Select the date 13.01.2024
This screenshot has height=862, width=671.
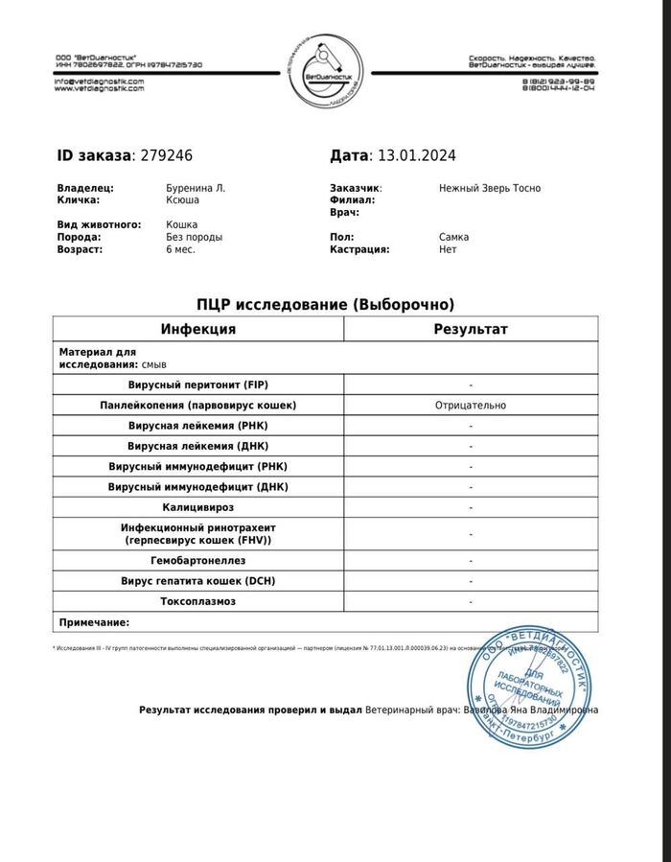416,155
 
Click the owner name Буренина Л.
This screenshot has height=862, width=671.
197,188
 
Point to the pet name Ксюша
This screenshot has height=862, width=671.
183,200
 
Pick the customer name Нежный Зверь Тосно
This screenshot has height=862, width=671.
489,188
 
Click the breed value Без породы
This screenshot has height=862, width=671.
195,237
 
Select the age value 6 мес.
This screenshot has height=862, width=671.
181,249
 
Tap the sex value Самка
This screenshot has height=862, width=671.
454,237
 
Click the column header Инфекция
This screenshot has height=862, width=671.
197,329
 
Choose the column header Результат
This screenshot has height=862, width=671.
471,329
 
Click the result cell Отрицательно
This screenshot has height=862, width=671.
470,406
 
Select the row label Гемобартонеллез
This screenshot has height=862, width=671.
197,560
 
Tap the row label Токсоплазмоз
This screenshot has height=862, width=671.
197,601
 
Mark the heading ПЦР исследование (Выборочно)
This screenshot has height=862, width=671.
325,304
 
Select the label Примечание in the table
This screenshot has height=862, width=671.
94,622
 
